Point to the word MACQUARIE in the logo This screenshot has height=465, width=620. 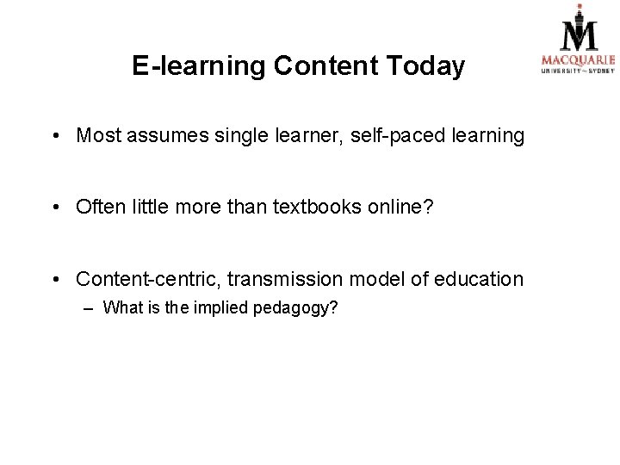[x=577, y=59]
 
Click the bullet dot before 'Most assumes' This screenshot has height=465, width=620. [x=54, y=136]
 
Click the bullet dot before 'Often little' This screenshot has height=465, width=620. [x=54, y=208]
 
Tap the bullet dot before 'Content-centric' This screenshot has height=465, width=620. [x=54, y=280]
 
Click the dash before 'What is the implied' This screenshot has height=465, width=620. [x=90, y=307]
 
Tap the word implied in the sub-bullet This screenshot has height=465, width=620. [x=222, y=308]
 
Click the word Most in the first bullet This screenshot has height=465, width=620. [x=96, y=136]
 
